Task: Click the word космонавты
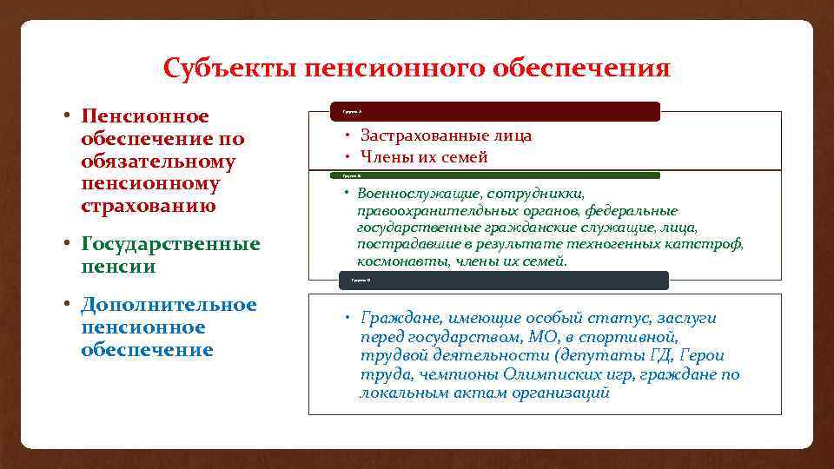394,261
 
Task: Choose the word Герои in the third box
703,355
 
